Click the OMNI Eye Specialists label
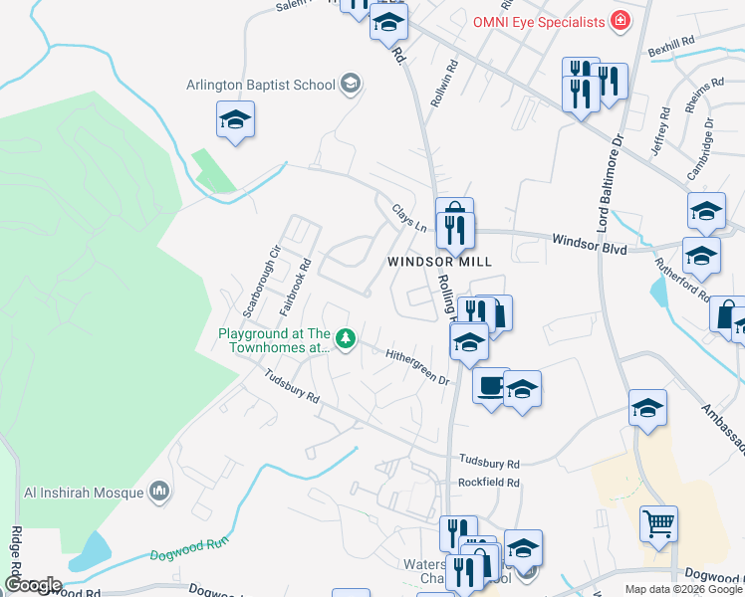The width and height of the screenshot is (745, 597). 538,21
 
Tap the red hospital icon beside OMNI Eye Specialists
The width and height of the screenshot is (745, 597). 620,21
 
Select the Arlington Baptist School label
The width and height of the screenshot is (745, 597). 261,85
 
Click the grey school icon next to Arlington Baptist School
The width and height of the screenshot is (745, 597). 350,84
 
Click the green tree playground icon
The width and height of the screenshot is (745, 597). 346,340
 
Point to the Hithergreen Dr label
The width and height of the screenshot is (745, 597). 418,366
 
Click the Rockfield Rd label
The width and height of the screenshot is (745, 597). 489,483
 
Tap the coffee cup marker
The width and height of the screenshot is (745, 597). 490,385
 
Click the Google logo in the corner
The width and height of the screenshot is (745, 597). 32,585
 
